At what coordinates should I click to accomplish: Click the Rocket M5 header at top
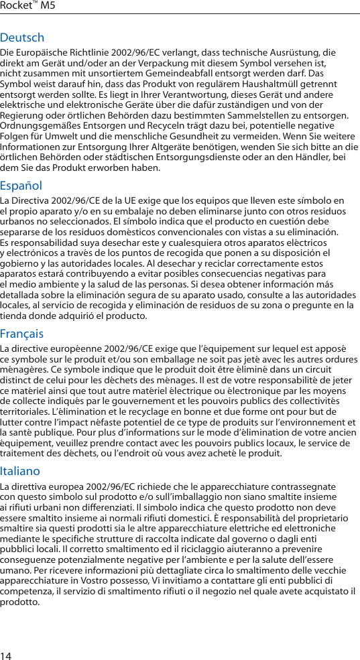click(x=28, y=6)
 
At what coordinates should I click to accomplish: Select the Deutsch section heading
click(x=22, y=38)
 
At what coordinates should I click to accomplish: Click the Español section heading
click(x=21, y=186)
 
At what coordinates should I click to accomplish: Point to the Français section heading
click(x=22, y=334)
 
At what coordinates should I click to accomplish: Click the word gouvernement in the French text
click(x=145, y=401)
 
